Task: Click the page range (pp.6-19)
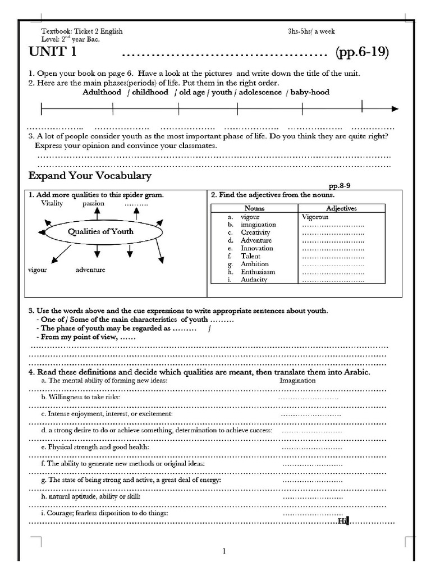[x=362, y=53]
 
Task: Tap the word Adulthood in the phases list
[x=102, y=92]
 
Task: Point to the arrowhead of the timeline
[x=395, y=109]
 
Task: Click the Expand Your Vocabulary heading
[x=90, y=176]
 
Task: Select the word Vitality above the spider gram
[x=52, y=204]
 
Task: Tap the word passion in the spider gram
[x=94, y=204]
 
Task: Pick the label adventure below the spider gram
[x=90, y=270]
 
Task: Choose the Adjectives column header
[x=341, y=208]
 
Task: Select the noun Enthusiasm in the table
[x=258, y=272]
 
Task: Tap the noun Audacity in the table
[x=254, y=280]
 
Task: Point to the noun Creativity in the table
[x=255, y=232]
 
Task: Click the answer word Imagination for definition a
[x=297, y=380]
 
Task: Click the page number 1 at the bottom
[x=224, y=551]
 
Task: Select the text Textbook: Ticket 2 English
[x=82, y=31]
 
